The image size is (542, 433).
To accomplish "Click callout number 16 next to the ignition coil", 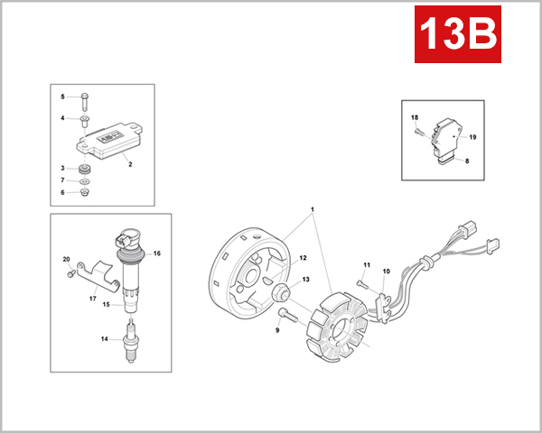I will tap(156, 253).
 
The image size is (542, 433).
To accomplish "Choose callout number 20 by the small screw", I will tap(66, 260).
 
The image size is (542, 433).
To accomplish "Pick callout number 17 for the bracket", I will tap(92, 298).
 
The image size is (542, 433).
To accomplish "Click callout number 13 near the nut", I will tap(305, 280).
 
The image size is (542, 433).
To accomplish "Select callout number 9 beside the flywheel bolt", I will tap(276, 330).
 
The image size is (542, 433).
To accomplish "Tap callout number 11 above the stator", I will tap(368, 264).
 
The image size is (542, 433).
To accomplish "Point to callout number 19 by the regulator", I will tap(472, 136).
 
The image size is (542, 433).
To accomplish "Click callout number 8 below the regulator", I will tap(467, 161).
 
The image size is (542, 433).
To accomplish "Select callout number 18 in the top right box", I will tap(415, 118).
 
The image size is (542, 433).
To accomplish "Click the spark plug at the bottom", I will tap(134, 345).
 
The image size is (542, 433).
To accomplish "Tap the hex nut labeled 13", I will tap(281, 292).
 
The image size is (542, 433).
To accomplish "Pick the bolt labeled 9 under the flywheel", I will tap(288, 315).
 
